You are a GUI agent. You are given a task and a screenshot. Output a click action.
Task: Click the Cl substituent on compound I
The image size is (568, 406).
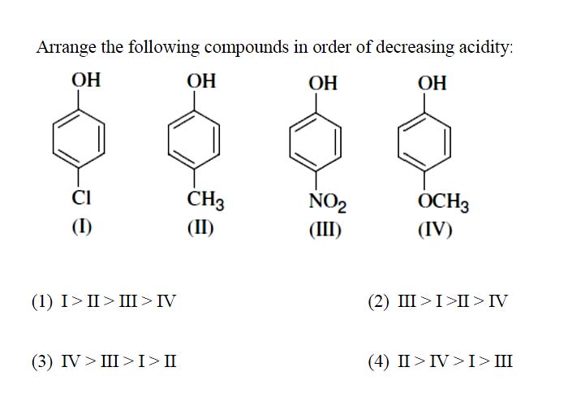pos(81,197)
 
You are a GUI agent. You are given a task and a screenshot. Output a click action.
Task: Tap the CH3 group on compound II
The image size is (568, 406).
pos(205,200)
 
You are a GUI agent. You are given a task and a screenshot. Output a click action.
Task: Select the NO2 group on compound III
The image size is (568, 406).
pos(328,202)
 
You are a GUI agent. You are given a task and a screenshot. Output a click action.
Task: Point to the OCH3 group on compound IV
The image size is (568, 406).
pos(443,202)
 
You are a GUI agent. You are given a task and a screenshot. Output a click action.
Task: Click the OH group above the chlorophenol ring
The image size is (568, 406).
pos(86,80)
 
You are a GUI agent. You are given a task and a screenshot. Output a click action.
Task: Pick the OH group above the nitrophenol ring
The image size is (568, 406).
pos(323,83)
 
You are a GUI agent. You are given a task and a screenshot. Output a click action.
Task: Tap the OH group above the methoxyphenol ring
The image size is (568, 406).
pos(432,83)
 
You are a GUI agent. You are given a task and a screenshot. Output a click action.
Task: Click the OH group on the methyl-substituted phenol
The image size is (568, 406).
pos(201,80)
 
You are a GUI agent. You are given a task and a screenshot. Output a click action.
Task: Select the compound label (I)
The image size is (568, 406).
pos(81,227)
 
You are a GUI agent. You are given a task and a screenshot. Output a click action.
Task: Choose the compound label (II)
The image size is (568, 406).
pos(200,228)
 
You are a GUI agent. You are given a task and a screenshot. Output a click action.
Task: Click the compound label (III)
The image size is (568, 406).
pos(325,230)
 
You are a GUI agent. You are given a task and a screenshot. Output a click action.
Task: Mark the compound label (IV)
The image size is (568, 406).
pos(435,230)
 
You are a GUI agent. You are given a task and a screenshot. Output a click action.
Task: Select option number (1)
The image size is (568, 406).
pos(42,302)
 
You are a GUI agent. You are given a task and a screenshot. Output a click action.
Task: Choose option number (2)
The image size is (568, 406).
pos(379,302)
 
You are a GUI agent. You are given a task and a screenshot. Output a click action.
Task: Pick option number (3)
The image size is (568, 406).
pos(42,362)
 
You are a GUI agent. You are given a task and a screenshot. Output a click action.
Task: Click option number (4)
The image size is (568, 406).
pos(379,362)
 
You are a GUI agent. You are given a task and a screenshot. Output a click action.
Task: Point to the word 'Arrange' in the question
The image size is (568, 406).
pos(67,48)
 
